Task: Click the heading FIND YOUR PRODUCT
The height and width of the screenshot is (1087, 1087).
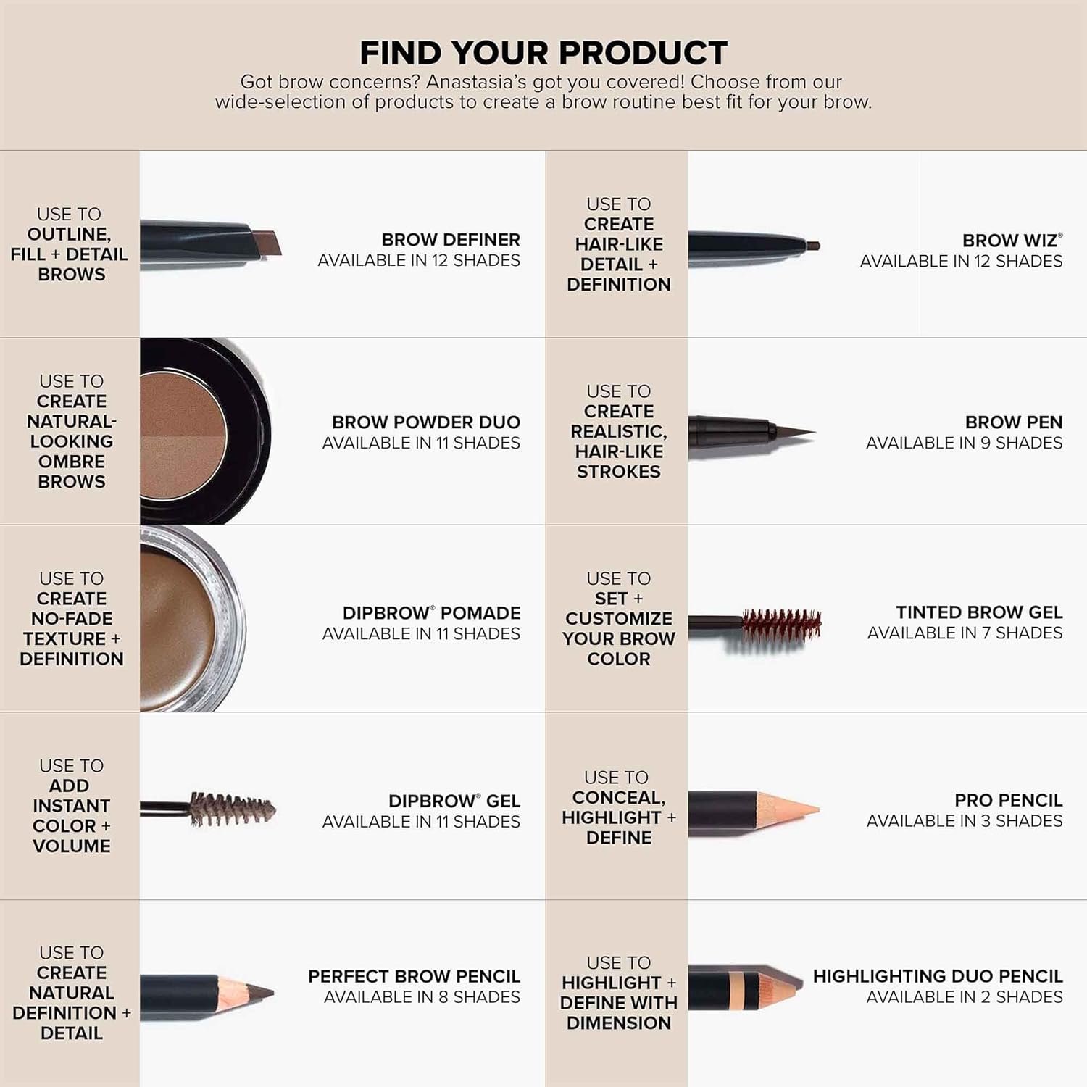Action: [543, 53]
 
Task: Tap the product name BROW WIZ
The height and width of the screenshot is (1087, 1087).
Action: [1009, 241]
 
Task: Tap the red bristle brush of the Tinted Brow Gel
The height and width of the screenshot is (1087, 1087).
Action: [781, 625]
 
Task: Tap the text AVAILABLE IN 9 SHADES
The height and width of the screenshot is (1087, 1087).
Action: [964, 443]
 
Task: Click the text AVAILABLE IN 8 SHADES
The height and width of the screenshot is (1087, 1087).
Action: [422, 997]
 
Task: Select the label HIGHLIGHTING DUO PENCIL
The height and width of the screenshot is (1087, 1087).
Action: [937, 976]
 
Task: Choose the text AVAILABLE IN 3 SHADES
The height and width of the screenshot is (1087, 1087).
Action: [964, 821]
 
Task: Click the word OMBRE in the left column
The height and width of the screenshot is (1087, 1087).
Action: [72, 462]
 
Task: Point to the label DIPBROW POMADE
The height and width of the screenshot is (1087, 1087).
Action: [431, 613]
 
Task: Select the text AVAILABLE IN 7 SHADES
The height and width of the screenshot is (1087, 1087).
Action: [965, 633]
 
